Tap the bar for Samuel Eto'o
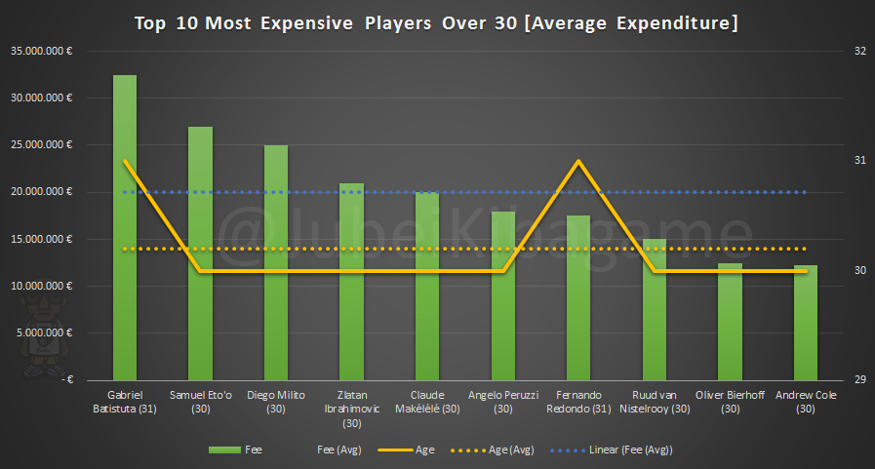coord(200,254)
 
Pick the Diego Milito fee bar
coord(276,263)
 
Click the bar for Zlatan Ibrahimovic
coord(351,282)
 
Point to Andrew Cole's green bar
coord(805,323)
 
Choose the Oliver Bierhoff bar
coord(730,322)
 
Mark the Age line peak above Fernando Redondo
coord(579,161)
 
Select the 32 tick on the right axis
coord(833,51)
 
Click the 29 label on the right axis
coord(833,380)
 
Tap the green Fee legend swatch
coord(225,450)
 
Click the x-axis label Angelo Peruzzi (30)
coord(503,401)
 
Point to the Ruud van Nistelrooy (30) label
coord(654,401)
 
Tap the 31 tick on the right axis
coord(833,161)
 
